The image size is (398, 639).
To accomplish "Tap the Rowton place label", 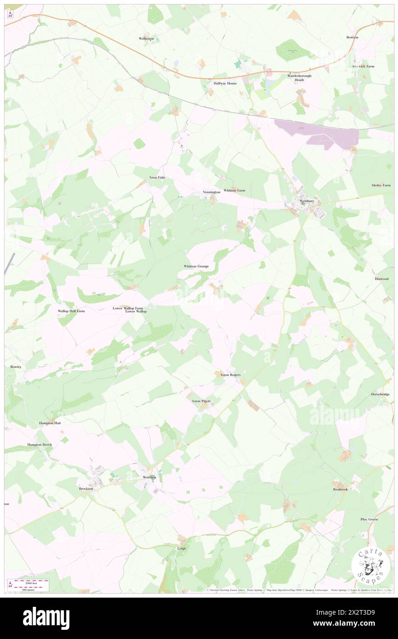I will pyautogui.click(x=353, y=37).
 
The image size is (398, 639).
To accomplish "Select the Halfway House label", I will pyautogui.click(x=225, y=83).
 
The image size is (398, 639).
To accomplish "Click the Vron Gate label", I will pyautogui.click(x=157, y=177).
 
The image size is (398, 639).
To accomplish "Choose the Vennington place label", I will pyautogui.click(x=211, y=192).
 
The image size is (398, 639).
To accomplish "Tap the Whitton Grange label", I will pyautogui.click(x=196, y=266).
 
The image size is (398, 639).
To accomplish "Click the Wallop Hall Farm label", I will pyautogui.click(x=71, y=311).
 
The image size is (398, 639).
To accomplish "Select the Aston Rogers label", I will pyautogui.click(x=230, y=375).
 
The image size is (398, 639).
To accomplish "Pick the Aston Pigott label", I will pyautogui.click(x=201, y=401).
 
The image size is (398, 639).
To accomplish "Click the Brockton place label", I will pyautogui.click(x=86, y=489).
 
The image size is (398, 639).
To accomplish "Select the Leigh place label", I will pyautogui.click(x=181, y=548).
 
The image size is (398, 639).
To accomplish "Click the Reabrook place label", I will pyautogui.click(x=341, y=490).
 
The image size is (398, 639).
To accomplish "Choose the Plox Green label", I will pyautogui.click(x=369, y=519).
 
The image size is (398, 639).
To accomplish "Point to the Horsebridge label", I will pyautogui.click(x=381, y=394).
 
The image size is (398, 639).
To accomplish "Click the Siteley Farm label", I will pyautogui.click(x=381, y=185).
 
